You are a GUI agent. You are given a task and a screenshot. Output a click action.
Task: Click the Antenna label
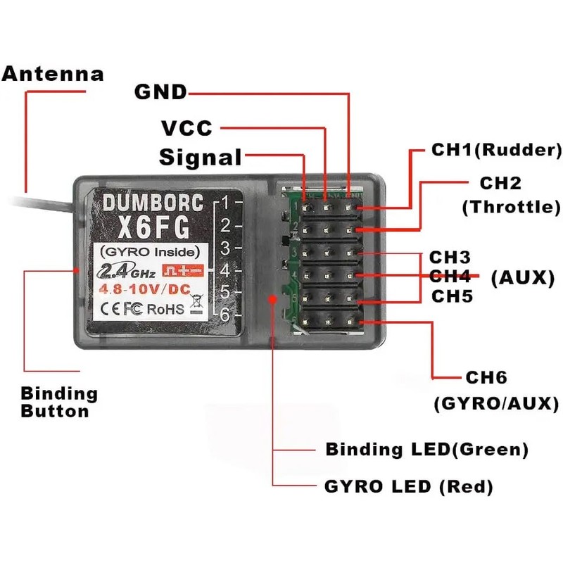coord(53,75)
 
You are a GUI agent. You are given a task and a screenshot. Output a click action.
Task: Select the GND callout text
coord(160,92)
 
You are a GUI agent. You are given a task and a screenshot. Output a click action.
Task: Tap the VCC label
coord(187,128)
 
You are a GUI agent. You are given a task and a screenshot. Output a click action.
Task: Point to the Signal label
coord(201,157)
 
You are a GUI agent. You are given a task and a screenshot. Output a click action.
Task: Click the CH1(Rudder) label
coord(497,150)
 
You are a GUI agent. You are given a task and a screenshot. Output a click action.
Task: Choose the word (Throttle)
coord(512,207)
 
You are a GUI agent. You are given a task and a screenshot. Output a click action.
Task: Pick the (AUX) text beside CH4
coord(523,277)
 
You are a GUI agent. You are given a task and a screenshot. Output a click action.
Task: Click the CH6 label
coord(486,377)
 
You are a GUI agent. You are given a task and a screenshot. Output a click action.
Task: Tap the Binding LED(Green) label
coord(427,450)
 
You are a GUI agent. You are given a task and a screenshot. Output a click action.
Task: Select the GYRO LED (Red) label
coord(409,487)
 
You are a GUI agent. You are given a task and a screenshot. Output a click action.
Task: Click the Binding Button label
coord(59,402)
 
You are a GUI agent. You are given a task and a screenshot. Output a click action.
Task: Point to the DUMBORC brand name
coord(153,203)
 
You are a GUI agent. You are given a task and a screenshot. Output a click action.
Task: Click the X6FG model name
coord(153,227)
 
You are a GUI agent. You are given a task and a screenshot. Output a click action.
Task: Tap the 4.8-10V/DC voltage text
coord(145,289)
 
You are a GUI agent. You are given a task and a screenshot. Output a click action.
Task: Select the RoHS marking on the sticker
coord(165,309)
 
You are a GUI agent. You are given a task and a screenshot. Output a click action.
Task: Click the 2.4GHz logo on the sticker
coord(126,271)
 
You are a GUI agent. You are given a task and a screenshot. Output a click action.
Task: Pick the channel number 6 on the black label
coord(224,315)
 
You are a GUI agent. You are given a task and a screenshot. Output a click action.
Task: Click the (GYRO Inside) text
coord(150,252)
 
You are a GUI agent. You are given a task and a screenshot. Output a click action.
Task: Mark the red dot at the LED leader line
coord(273,298)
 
